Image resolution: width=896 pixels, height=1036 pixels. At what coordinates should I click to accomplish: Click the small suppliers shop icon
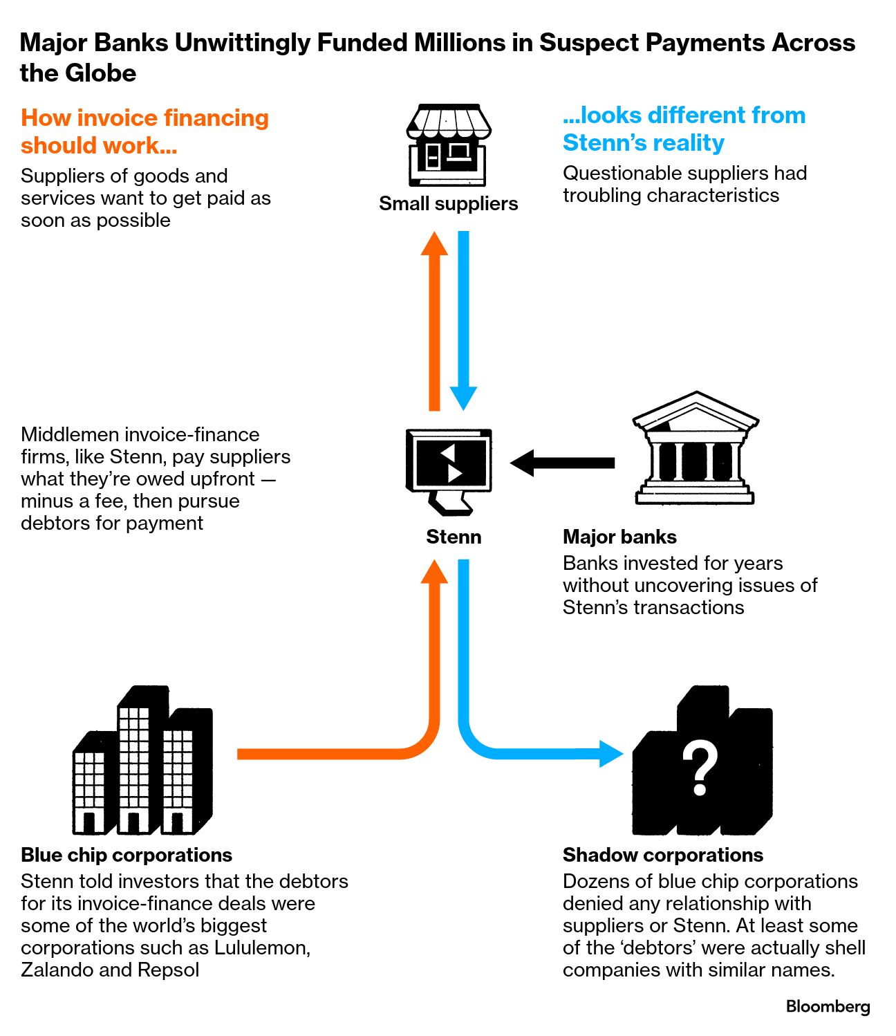(448, 145)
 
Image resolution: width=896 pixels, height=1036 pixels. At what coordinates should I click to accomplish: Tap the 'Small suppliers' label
(448, 203)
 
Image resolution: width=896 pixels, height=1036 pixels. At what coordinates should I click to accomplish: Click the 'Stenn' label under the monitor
(454, 537)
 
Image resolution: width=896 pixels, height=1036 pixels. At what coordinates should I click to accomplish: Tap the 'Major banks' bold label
(619, 537)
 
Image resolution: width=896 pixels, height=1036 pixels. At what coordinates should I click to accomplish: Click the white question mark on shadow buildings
(700, 768)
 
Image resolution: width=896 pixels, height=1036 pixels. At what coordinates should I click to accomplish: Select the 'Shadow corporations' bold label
(662, 855)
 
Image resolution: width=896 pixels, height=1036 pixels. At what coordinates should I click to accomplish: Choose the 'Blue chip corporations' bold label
(127, 855)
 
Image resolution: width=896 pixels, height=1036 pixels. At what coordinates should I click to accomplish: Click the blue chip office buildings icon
(142, 761)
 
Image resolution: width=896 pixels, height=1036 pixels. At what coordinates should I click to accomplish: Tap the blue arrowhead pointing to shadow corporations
(610, 753)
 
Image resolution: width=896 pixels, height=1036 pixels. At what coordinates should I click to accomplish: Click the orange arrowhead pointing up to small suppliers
(434, 244)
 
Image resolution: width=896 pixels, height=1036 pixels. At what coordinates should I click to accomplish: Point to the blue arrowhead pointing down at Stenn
(463, 398)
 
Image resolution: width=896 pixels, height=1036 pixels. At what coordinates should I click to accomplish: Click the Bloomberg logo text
(828, 1006)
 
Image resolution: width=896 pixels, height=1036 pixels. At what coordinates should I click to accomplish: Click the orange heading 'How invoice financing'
(144, 118)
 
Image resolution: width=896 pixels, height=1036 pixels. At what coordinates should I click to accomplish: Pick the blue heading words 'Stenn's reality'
(643, 142)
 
